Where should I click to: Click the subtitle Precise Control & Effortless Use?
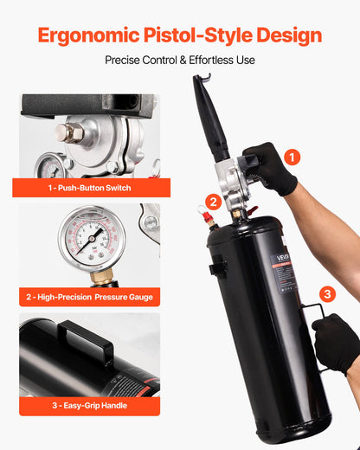(x=180, y=61)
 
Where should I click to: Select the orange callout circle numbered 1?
(x=292, y=157)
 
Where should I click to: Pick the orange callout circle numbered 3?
(x=327, y=293)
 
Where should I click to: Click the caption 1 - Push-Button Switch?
(x=88, y=187)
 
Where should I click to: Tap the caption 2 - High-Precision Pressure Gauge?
(x=89, y=298)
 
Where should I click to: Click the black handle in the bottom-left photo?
(x=86, y=342)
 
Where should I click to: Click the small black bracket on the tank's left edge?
(x=216, y=269)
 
